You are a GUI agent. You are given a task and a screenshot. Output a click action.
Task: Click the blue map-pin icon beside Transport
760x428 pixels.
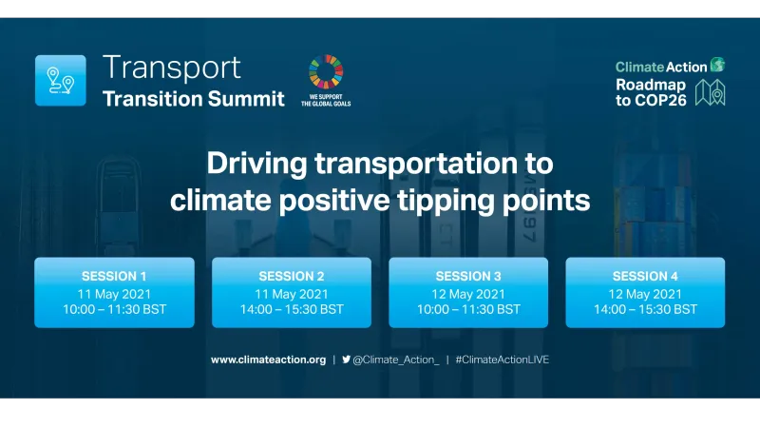(x=60, y=80)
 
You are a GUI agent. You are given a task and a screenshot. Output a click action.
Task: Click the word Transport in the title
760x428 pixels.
(x=172, y=68)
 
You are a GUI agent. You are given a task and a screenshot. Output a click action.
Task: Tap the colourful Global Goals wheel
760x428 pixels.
(x=325, y=72)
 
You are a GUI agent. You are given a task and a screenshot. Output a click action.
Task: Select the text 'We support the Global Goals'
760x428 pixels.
(x=325, y=100)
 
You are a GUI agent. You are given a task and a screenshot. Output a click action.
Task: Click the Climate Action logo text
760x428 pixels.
(x=661, y=67)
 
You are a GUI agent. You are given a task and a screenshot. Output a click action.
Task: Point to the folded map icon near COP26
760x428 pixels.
(x=710, y=92)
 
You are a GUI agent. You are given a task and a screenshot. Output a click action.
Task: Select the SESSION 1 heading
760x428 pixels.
(x=114, y=277)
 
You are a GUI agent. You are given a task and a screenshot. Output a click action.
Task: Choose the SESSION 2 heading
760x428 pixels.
(x=292, y=277)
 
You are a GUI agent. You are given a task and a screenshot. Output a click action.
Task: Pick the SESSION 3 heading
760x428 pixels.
(x=468, y=277)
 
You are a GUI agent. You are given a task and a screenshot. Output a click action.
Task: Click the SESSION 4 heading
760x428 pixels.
(x=645, y=277)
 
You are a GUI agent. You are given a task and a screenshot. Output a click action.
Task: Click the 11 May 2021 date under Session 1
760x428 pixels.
(x=114, y=293)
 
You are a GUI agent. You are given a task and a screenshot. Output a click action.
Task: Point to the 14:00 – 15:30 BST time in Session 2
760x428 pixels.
(x=292, y=309)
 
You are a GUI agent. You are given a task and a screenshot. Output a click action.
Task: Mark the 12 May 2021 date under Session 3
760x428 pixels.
(x=468, y=293)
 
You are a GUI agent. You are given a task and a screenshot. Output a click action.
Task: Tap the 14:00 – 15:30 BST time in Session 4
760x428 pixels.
(x=645, y=309)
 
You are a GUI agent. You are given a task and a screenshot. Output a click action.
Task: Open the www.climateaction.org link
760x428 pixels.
(x=268, y=360)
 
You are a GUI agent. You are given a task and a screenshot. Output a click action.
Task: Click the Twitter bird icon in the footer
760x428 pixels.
(x=347, y=360)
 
